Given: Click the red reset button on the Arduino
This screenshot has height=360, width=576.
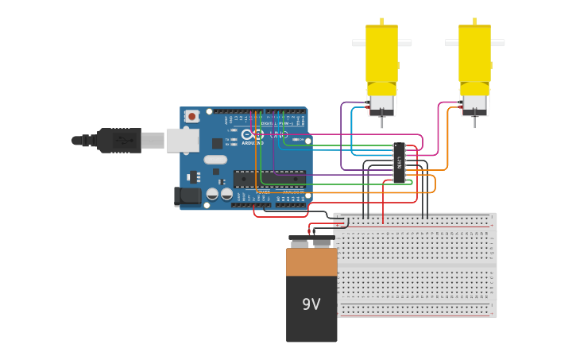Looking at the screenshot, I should [x=191, y=116].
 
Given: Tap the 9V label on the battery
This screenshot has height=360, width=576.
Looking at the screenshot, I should [x=311, y=304].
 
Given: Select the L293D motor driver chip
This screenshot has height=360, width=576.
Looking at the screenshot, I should [x=399, y=162].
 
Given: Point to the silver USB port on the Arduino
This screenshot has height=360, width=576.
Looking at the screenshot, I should [x=182, y=141].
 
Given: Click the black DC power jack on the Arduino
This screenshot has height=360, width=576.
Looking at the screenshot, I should [x=187, y=195].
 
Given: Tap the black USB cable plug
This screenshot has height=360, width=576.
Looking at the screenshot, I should [x=119, y=141].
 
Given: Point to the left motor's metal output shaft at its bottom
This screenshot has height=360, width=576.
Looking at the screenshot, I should [x=382, y=122].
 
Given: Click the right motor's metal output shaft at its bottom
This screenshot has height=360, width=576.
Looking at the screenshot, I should [x=475, y=122].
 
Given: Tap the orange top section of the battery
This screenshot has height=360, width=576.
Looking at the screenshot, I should [x=311, y=261].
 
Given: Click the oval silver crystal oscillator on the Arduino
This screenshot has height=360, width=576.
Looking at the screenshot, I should [x=215, y=159].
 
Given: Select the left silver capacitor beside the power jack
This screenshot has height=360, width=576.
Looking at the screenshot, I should [x=212, y=193].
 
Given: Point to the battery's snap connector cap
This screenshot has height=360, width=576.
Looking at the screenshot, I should [x=311, y=242].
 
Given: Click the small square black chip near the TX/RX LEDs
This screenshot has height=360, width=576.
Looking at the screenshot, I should [x=217, y=143].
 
